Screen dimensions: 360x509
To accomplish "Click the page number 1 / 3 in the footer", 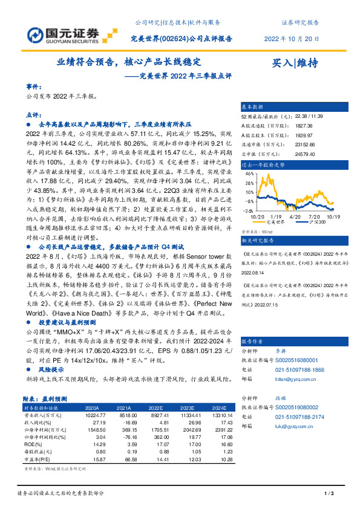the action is (329, 494).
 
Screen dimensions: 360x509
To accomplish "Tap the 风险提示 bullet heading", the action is (51, 368).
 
